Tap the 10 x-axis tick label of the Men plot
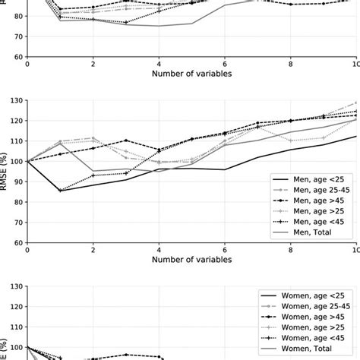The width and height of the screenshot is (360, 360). point(355,251)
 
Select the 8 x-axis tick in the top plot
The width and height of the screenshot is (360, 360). point(290,65)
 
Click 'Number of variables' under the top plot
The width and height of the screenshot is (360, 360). point(191,75)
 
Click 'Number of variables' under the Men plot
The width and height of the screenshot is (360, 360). point(191,261)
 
